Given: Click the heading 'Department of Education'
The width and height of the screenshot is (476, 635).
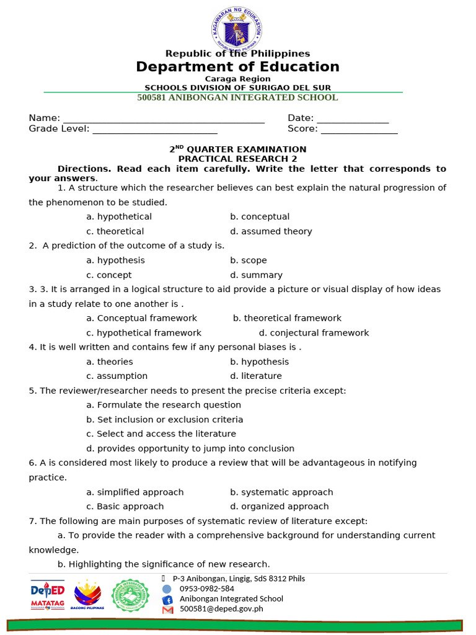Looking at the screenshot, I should click(237, 67).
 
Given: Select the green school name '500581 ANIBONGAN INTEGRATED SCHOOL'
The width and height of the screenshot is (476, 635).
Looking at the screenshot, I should click(237, 97).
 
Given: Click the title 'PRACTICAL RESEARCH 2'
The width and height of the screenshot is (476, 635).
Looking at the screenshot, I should click(237, 159).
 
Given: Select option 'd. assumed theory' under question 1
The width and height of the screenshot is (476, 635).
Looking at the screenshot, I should click(271, 231).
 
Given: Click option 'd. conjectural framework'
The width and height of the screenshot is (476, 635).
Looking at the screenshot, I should click(314, 333).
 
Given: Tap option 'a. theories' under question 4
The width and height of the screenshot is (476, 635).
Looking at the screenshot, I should click(110, 362).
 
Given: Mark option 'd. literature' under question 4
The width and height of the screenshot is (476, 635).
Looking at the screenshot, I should click(255, 376).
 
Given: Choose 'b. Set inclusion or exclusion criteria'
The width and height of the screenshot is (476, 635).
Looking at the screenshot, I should click(165, 420).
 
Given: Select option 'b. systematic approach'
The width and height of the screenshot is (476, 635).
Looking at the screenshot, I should click(281, 492).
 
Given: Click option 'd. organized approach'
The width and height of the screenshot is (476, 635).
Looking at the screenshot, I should click(280, 507).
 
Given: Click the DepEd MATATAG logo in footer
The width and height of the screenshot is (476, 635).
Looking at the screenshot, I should click(48, 596).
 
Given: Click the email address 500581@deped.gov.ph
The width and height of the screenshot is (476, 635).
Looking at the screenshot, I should click(221, 609).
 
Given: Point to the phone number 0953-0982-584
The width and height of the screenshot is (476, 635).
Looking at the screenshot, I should click(207, 588).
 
